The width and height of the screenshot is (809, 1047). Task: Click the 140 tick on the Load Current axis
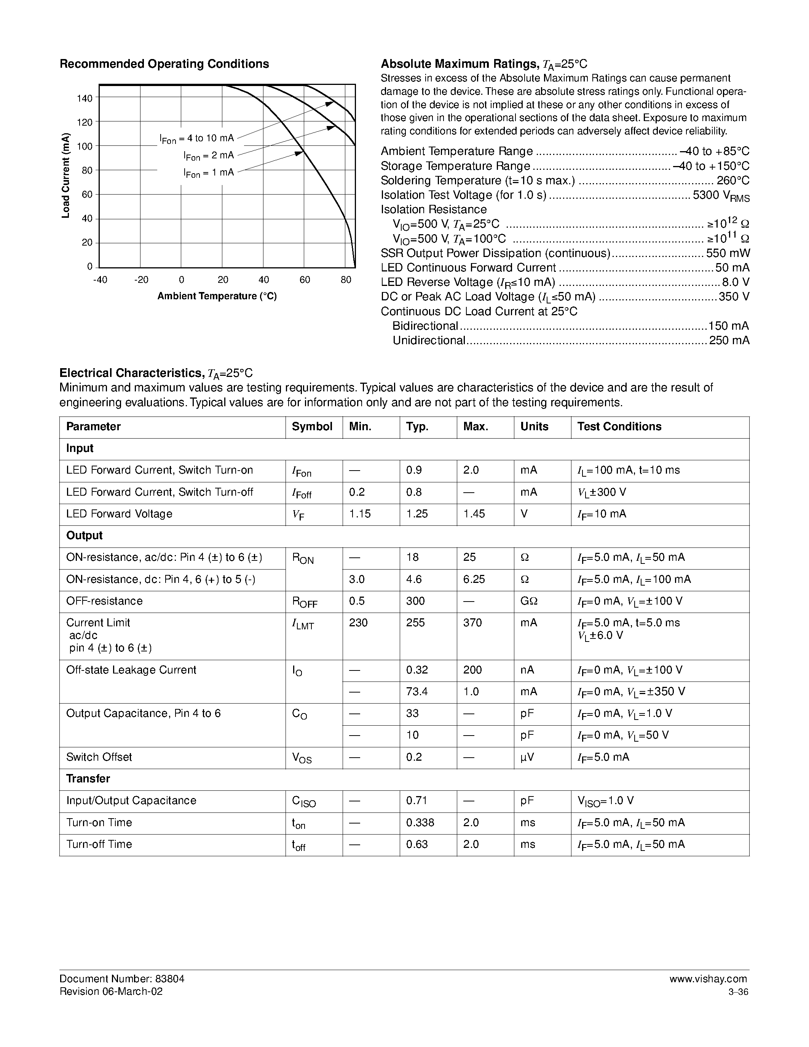pos(85,98)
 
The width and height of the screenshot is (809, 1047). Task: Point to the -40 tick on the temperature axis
pos(100,280)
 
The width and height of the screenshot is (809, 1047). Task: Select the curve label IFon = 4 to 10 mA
pos(196,139)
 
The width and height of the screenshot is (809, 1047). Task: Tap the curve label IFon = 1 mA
pos(209,172)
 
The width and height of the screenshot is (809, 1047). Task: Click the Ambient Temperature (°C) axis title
pos(217,296)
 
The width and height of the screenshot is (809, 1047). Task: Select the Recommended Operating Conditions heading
pos(164,64)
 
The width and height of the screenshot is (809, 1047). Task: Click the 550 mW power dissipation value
pos(728,253)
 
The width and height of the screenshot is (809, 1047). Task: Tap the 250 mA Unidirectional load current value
pos(729,340)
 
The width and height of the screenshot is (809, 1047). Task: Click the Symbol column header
pos(312,427)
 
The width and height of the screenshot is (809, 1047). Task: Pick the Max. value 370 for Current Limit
pos(472,623)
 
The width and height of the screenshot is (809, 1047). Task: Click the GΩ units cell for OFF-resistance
pos(529,601)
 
